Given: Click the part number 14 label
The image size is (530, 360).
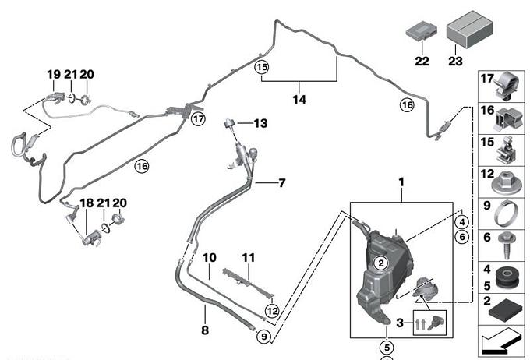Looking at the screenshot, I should coord(300,100).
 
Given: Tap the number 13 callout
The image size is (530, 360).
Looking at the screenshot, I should coord(260,123).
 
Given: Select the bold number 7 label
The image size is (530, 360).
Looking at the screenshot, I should coord(282,183).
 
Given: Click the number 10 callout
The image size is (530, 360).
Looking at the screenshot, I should coord(208,256).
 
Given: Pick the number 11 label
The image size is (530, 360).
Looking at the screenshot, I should coord(248,256).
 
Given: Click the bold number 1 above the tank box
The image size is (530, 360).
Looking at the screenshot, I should coord(402,182).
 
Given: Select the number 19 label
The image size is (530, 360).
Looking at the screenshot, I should coord(54,75).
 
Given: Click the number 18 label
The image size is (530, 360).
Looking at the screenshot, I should coord(87,203).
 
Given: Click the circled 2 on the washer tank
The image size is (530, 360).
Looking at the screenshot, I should coord(380,263).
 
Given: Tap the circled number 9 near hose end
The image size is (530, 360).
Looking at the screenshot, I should coord(264,337).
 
